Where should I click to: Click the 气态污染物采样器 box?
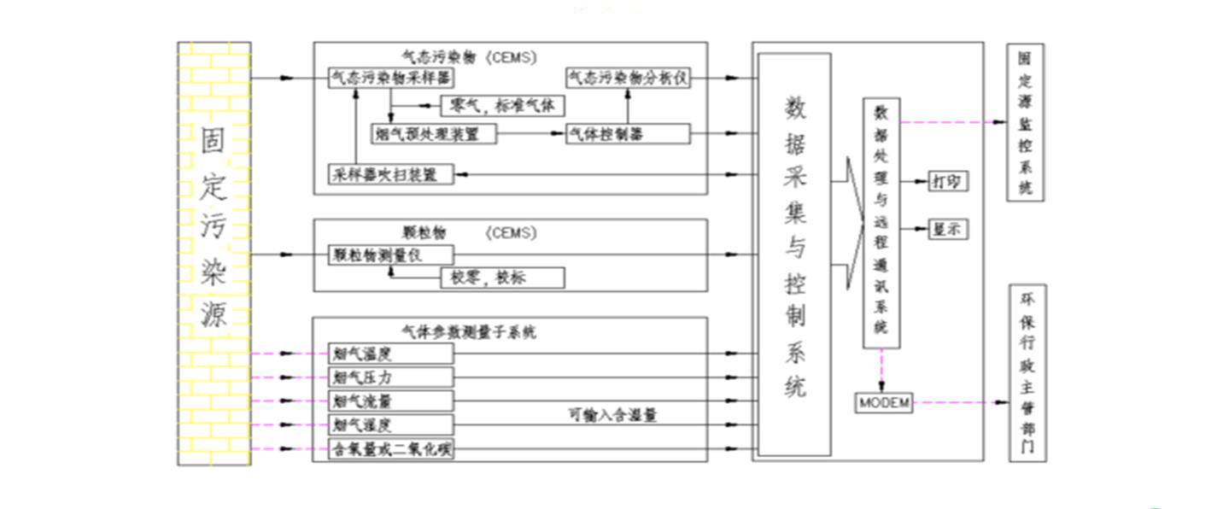tap(390, 78)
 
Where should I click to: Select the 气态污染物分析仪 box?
tap(628, 78)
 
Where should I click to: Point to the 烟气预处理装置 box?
tap(434, 134)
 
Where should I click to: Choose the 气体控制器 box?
tap(628, 134)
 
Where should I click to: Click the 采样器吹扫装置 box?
tap(390, 175)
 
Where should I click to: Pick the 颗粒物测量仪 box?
tap(390, 254)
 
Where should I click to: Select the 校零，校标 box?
tap(502, 278)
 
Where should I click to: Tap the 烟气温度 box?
tap(390, 353)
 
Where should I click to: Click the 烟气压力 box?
tap(390, 377)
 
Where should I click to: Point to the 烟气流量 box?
tap(390, 401)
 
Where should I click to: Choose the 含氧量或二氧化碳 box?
tap(390, 449)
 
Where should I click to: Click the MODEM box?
tap(883, 402)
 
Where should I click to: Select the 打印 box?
tap(948, 181)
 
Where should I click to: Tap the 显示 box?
tap(948, 229)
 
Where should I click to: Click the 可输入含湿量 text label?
tap(612, 416)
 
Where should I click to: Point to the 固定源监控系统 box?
tap(1025, 122)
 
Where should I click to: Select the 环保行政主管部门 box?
tap(1027, 373)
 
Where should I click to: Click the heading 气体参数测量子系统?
tap(469, 332)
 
